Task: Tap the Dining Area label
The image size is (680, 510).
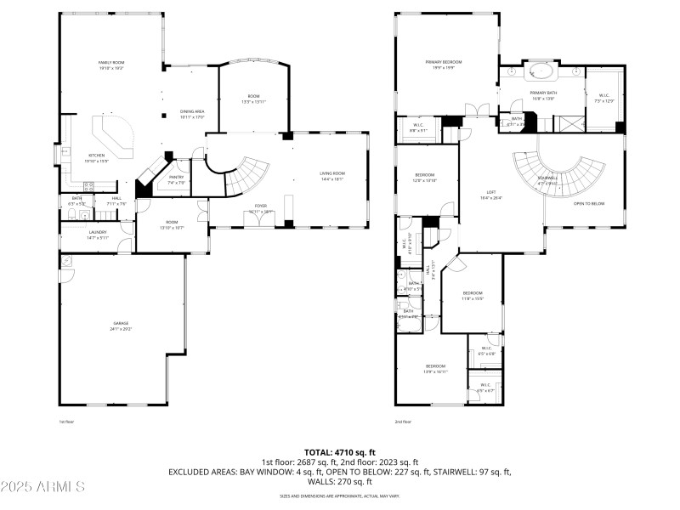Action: coord(192,114)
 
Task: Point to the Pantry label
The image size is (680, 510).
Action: coord(176,179)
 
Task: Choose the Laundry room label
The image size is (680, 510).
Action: coord(98,235)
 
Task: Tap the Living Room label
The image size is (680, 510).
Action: coord(331,177)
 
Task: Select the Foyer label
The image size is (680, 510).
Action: coord(261,207)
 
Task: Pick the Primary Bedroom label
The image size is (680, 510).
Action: coord(444,64)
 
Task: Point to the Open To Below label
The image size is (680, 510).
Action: coord(589,204)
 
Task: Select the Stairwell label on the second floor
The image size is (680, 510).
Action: coord(547,179)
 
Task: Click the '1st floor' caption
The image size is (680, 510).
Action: coord(66,422)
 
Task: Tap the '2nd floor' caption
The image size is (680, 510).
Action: coord(402,422)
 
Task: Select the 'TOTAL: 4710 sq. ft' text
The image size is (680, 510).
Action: coord(339,452)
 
